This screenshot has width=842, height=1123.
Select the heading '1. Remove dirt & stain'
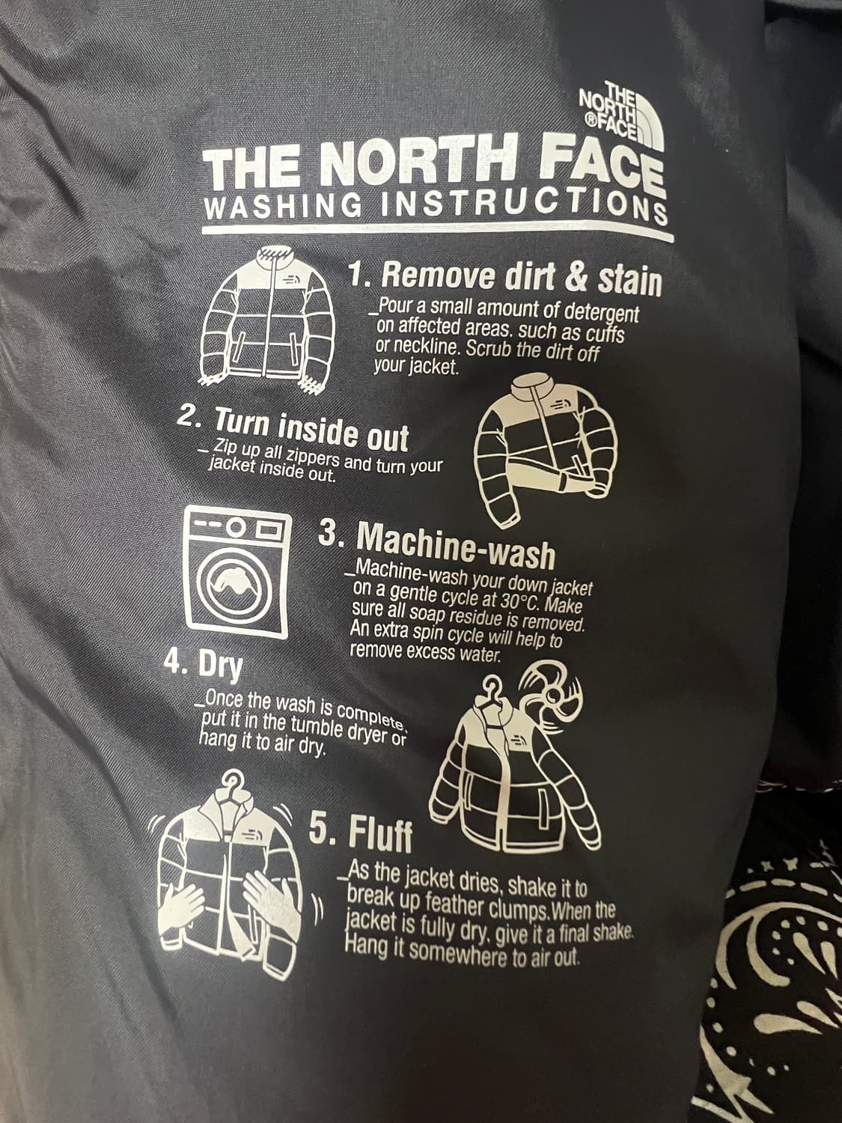point(504,278)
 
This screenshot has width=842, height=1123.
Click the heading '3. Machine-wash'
point(436,544)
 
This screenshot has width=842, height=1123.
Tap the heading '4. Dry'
point(203,666)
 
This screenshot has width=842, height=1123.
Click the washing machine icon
point(237,572)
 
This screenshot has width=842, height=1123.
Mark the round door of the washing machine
point(236,585)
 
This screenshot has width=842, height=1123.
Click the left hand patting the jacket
point(183,902)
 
